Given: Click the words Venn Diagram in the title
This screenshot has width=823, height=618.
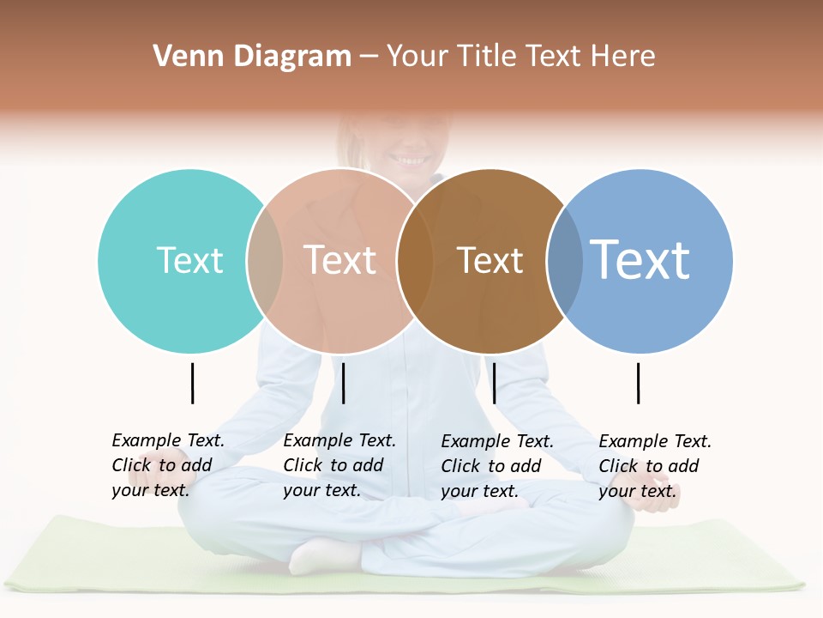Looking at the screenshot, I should click(252, 57).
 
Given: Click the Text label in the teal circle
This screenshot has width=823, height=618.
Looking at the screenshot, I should click(189, 260).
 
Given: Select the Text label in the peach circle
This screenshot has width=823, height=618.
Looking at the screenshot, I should click(339, 260).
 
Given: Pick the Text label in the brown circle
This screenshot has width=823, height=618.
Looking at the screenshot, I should click(490, 260).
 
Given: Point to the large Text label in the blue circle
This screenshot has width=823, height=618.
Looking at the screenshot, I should click(640, 259).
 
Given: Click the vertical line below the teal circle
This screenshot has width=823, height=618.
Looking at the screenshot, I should click(192, 383).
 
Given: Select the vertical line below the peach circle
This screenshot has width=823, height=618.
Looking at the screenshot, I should click(343, 383).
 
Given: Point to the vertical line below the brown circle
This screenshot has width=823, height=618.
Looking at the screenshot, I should click(494, 383).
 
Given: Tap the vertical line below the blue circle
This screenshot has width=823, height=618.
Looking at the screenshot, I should click(638, 383).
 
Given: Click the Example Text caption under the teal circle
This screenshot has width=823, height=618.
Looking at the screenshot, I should click(168, 465).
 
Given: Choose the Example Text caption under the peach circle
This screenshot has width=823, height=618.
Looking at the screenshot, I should click(339, 465).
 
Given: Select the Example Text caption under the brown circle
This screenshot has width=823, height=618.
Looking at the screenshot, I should click(497, 466).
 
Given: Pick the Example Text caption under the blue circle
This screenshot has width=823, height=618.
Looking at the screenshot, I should click(655, 466).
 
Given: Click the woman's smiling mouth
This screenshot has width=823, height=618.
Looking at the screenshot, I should click(411, 160).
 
